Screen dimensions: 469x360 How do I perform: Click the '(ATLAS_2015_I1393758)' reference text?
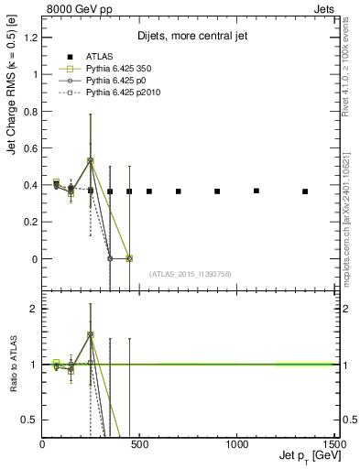click(189, 274)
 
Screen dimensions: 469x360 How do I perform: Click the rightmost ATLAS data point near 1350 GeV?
click(305, 191)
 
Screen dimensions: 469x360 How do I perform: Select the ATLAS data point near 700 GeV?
click(179, 191)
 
